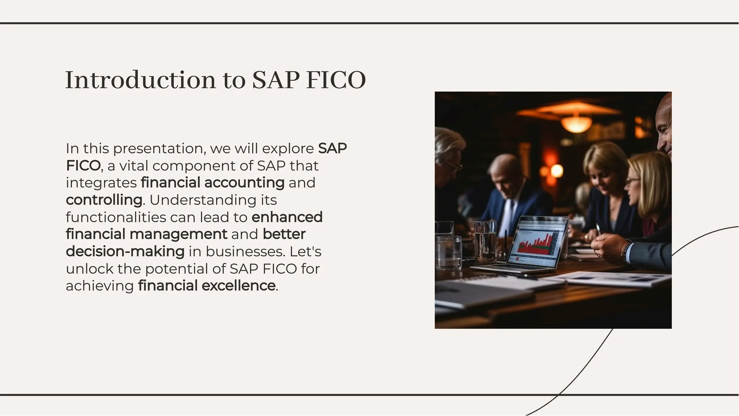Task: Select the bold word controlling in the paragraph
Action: (104, 200)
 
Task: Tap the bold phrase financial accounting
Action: (213, 183)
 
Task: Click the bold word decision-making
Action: (125, 251)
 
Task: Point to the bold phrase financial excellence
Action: (207, 286)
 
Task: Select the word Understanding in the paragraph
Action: (203, 200)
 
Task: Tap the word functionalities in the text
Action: (116, 217)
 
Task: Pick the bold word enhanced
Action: (287, 217)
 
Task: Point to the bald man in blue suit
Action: (512, 195)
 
